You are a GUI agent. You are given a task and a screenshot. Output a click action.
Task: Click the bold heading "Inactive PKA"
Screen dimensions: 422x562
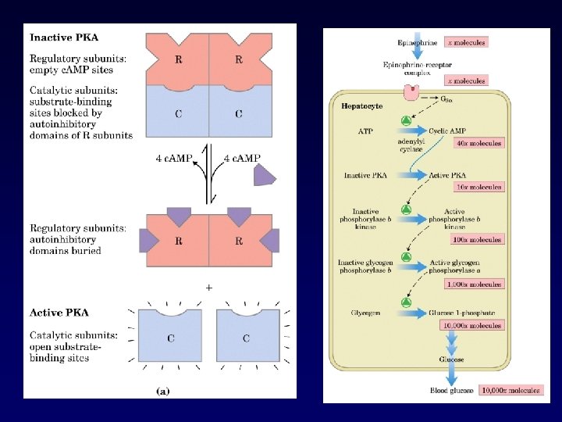click(x=65, y=37)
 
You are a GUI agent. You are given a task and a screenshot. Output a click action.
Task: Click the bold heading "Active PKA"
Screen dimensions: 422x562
click(x=60, y=313)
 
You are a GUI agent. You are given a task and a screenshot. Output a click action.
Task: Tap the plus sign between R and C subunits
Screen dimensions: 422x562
click(x=208, y=288)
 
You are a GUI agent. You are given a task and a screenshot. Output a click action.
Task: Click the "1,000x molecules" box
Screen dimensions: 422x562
click(x=473, y=284)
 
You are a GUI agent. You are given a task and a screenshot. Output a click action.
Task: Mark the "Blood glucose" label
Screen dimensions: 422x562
click(x=451, y=390)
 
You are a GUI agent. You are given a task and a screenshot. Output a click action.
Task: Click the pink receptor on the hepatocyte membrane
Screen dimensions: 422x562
click(x=411, y=93)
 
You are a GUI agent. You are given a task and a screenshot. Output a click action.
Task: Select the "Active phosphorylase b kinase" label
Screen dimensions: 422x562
click(x=454, y=218)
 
